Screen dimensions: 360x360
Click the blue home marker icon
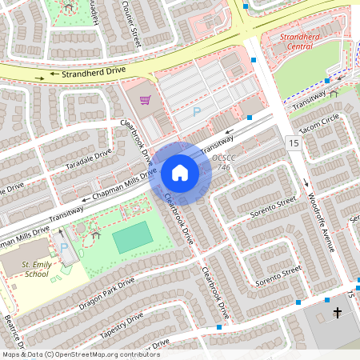click(x=180, y=173)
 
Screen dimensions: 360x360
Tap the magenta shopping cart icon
click(x=146, y=100)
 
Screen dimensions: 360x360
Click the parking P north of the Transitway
click(x=197, y=112)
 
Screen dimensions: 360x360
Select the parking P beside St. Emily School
click(x=64, y=248)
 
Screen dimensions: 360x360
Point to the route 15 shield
click(x=294, y=142)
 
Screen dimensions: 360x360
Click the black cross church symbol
click(x=338, y=312)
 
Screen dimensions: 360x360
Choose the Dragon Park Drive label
click(x=106, y=293)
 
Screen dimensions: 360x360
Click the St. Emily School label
click(x=35, y=269)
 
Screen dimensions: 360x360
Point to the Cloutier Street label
click(x=130, y=22)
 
